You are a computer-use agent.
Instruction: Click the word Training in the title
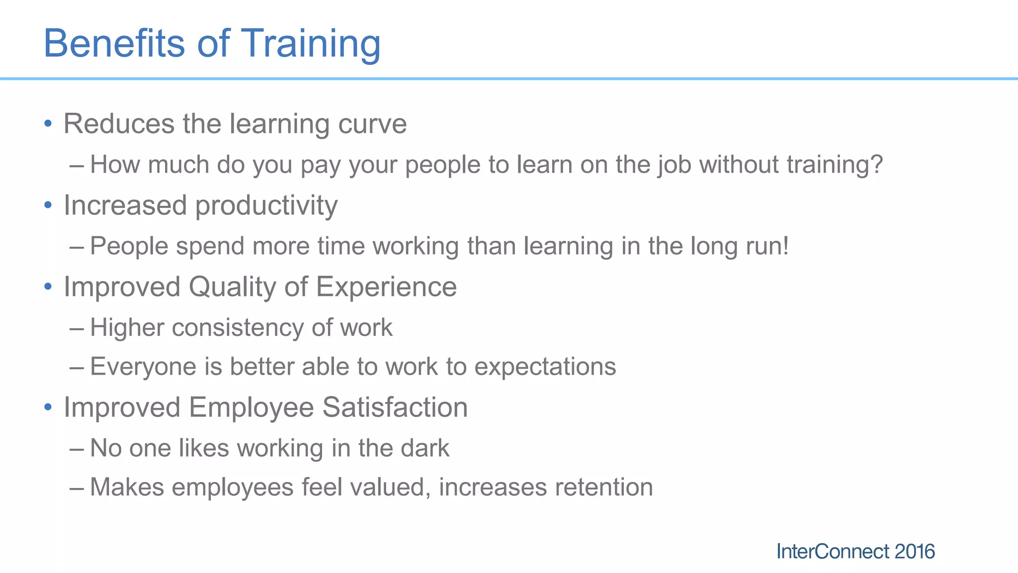pyautogui.click(x=311, y=44)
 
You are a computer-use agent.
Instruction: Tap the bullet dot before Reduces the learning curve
pyautogui.click(x=48, y=123)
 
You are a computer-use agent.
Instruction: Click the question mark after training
pyautogui.click(x=876, y=164)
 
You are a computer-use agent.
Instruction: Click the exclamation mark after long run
pyautogui.click(x=785, y=246)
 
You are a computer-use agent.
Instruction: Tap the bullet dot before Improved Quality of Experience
pyautogui.click(x=48, y=286)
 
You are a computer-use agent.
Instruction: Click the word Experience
pyautogui.click(x=386, y=287)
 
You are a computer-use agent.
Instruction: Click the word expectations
pyautogui.click(x=545, y=368)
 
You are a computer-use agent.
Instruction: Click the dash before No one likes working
pyautogui.click(x=77, y=449)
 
